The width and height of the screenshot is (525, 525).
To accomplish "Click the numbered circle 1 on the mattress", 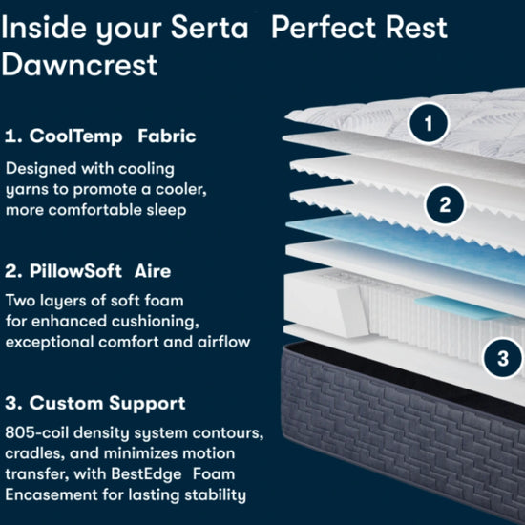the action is click(x=429, y=123).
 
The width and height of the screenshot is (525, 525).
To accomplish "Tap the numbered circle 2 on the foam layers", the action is click(x=445, y=204).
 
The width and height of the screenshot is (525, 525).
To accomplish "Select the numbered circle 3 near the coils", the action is click(x=502, y=358).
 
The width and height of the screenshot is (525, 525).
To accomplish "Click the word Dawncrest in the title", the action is click(x=79, y=65).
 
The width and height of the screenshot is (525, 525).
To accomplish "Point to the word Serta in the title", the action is click(x=210, y=27).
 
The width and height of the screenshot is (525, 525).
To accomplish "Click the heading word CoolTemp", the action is click(x=76, y=136).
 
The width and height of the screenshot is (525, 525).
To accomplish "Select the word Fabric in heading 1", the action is click(x=167, y=136).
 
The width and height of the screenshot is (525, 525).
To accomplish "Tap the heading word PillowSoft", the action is click(x=75, y=271).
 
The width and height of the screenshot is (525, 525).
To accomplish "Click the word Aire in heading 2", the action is click(x=153, y=271).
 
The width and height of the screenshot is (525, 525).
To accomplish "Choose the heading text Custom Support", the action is click(x=107, y=403).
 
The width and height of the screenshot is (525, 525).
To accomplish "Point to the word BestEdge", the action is click(x=146, y=474).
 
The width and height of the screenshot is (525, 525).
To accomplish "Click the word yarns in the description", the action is click(x=27, y=190).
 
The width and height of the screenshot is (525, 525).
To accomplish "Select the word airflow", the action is click(x=223, y=342).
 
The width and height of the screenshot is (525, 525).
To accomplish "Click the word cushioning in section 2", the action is click(x=155, y=322).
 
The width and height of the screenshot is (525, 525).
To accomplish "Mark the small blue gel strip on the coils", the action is click(x=461, y=306).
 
